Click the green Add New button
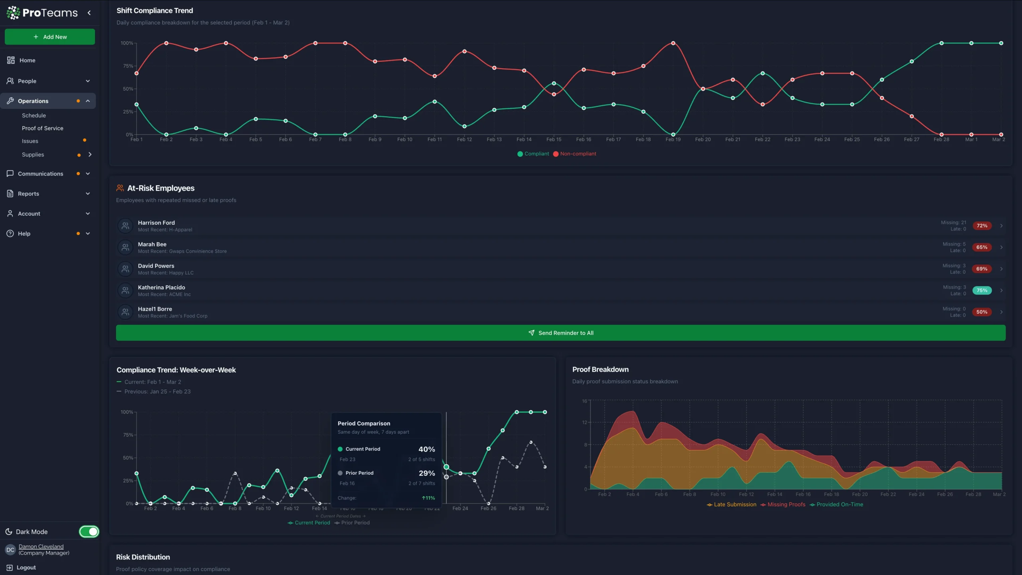(50, 37)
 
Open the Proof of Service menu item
(42, 128)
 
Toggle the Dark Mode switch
(89, 531)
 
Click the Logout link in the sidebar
(26, 567)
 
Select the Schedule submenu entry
(34, 115)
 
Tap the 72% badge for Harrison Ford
(982, 226)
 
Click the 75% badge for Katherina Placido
(982, 290)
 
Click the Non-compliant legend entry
(577, 154)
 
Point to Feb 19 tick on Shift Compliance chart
(673, 139)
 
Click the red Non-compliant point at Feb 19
(673, 43)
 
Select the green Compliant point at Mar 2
(1001, 43)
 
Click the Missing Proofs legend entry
(786, 504)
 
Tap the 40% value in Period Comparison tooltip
(426, 449)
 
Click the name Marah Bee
(152, 244)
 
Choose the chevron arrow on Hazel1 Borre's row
(1001, 312)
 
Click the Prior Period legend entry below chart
(355, 523)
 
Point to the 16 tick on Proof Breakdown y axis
(584, 401)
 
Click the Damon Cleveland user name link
(41, 546)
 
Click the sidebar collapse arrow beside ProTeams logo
(89, 13)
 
